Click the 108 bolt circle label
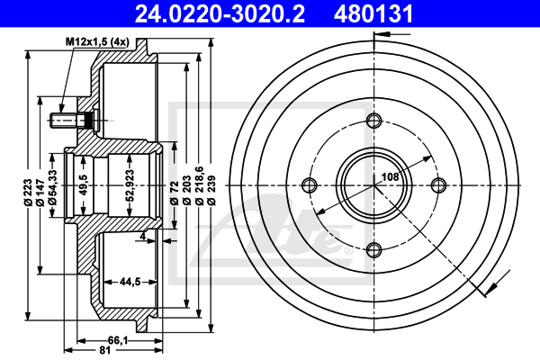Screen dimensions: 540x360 390,177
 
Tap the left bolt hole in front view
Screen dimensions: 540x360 310,185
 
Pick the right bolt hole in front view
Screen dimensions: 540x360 439,185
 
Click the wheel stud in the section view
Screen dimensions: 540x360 73,118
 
